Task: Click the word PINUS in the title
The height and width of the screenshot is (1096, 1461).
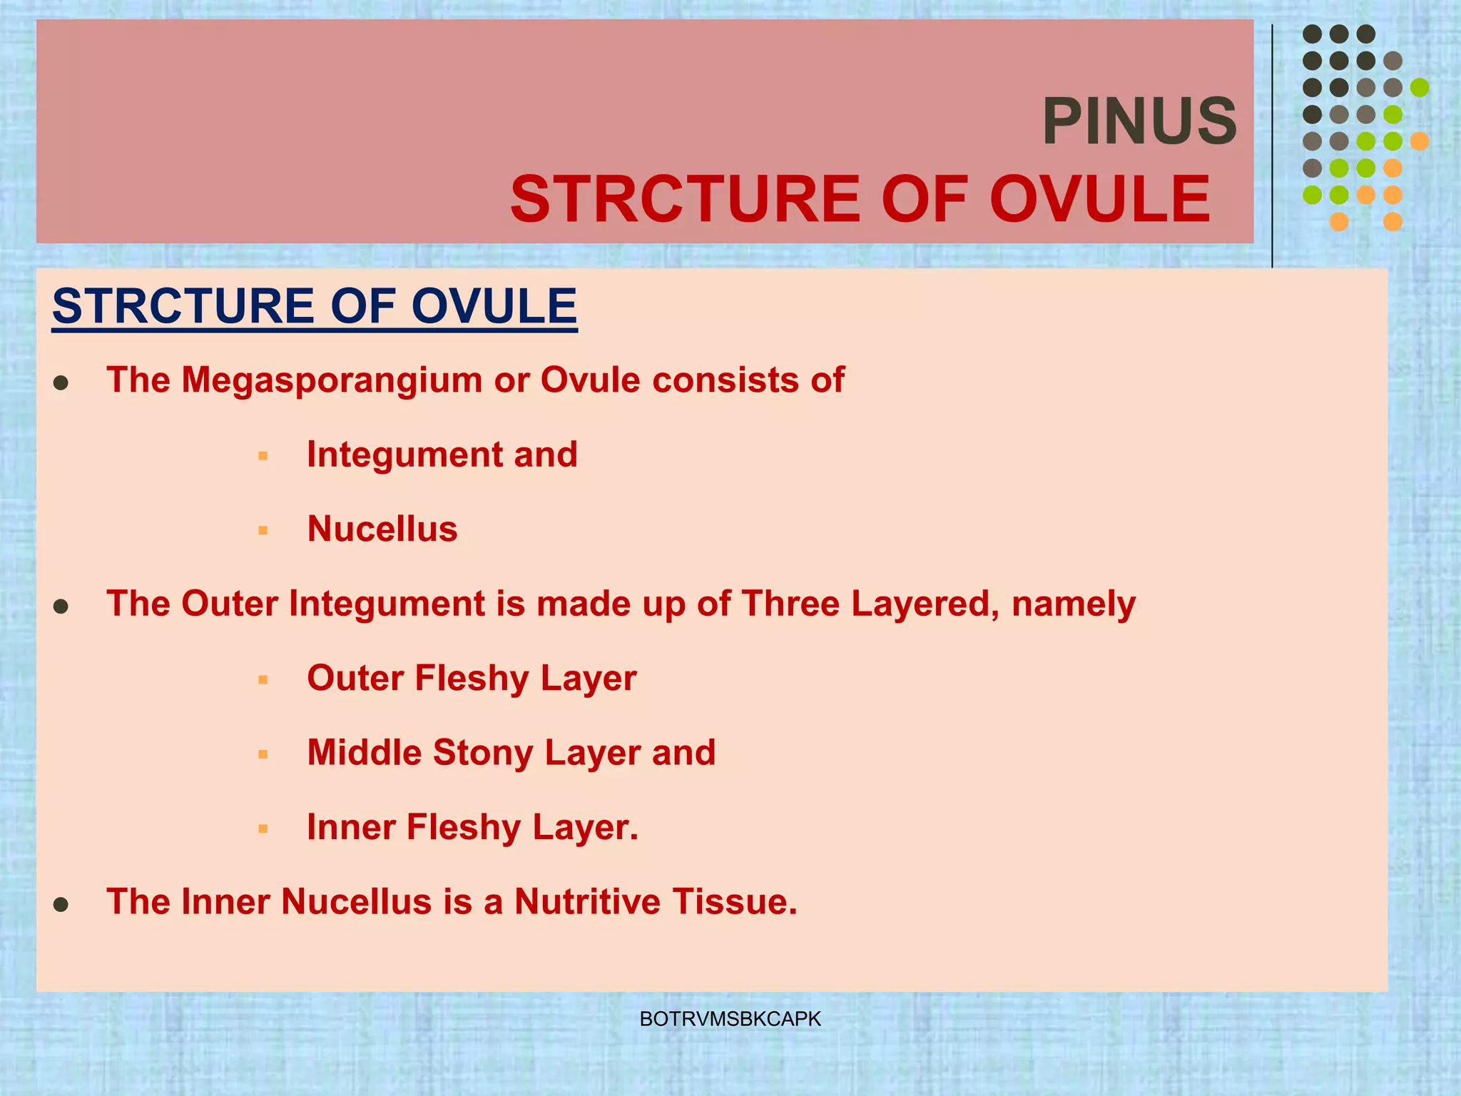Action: tap(1139, 121)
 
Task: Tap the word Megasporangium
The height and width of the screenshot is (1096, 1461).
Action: tap(330, 380)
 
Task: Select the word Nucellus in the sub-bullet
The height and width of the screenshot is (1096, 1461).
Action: tap(382, 529)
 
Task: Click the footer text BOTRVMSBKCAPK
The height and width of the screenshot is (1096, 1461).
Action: tap(730, 1019)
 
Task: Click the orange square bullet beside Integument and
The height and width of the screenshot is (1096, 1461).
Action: tap(263, 456)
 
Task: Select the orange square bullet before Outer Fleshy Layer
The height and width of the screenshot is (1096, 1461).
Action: tap(263, 680)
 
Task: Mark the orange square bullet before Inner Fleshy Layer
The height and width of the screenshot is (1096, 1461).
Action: tap(263, 829)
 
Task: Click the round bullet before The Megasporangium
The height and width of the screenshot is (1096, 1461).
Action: tap(61, 383)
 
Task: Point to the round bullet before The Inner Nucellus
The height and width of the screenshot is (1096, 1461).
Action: tap(61, 905)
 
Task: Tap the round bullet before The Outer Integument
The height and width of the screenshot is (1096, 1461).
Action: tap(61, 607)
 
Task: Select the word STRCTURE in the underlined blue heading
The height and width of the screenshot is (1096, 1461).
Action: tap(183, 307)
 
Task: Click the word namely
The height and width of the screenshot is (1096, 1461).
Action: tap(1073, 605)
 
